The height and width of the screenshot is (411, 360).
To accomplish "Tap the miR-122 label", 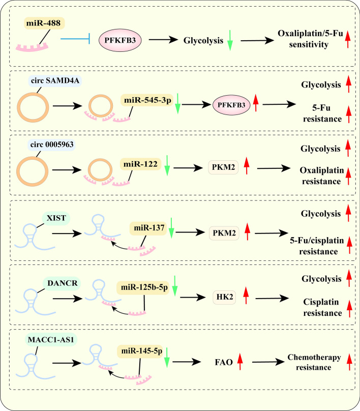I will tap(140, 164).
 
